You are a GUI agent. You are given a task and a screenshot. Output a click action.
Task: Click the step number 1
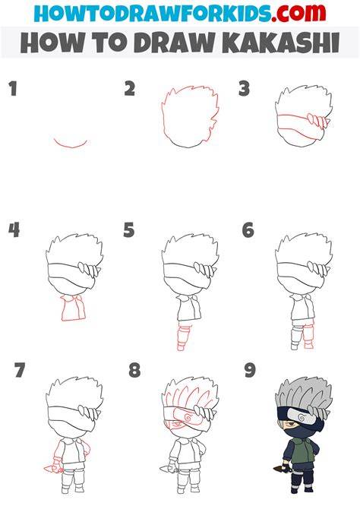(x=13, y=89)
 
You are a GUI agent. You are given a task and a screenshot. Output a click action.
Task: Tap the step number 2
(x=130, y=89)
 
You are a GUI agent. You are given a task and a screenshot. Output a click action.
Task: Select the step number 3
(x=244, y=89)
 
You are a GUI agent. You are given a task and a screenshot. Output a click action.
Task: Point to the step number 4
(x=14, y=230)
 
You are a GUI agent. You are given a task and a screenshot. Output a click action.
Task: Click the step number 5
(x=129, y=230)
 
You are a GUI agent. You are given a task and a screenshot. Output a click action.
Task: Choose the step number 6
(x=248, y=230)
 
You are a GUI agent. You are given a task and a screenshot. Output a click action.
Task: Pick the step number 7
(x=20, y=370)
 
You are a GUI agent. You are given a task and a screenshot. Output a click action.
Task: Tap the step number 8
(x=134, y=370)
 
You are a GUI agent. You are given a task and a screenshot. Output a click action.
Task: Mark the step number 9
(x=250, y=370)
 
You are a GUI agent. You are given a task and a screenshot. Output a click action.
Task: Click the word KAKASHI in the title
(x=280, y=43)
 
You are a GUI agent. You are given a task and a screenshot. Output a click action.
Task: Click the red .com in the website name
(x=298, y=13)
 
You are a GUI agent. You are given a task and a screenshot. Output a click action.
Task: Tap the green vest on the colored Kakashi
(x=303, y=451)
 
